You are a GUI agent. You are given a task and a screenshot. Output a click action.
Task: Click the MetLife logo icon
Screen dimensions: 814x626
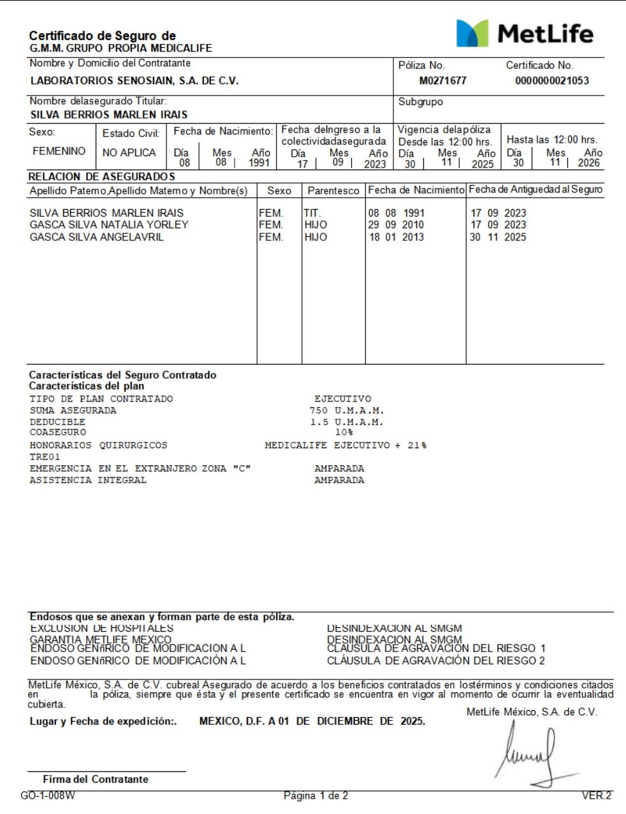point(472,33)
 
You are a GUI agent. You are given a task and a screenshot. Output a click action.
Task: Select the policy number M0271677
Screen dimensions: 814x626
point(442,81)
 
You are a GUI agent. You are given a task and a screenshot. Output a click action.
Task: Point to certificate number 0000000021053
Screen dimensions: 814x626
point(552,81)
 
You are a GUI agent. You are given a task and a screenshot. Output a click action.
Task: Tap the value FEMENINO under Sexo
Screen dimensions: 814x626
point(59,151)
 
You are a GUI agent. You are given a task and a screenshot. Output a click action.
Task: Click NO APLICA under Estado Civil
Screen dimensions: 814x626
point(129,152)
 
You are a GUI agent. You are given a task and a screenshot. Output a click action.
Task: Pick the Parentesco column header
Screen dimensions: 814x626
point(333,191)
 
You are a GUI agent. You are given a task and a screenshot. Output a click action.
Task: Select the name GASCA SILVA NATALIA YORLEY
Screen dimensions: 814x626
point(109,225)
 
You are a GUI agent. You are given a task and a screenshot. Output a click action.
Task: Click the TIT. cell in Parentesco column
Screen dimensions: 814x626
point(312,213)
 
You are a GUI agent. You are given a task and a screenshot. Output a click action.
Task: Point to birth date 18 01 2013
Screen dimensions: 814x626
point(396,237)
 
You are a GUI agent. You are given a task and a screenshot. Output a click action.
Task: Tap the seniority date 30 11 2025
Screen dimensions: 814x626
point(498,237)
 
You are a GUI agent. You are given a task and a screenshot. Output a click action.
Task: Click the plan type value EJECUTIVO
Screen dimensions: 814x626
point(342,399)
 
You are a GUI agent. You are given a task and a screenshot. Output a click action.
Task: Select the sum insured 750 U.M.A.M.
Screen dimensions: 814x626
point(347,411)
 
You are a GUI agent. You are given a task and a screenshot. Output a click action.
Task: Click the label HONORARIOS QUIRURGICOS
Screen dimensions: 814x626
point(98,446)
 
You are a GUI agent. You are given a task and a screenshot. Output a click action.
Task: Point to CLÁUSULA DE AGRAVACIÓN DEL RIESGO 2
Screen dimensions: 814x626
point(436,661)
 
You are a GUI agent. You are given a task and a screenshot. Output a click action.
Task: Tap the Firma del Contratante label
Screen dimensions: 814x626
point(96,780)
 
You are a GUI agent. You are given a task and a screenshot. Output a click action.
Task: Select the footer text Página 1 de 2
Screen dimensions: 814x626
point(316,796)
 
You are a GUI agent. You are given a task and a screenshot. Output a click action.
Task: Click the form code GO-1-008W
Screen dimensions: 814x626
point(48,796)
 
